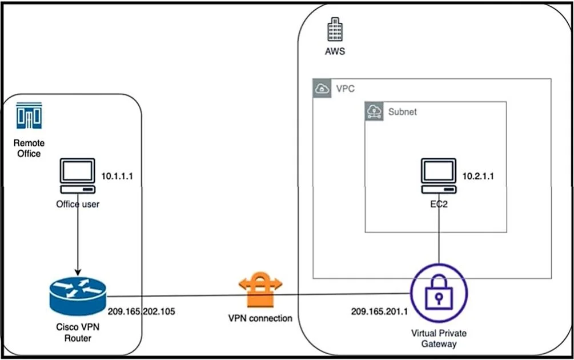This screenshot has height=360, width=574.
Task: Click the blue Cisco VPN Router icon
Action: pyautogui.click(x=78, y=296)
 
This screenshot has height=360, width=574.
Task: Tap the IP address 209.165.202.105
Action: pyautogui.click(x=141, y=311)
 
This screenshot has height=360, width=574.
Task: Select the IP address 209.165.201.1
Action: pyautogui.click(x=379, y=311)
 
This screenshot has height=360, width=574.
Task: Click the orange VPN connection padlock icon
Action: pyautogui.click(x=260, y=289)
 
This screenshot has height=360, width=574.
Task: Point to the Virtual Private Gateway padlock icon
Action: pyautogui.click(x=439, y=293)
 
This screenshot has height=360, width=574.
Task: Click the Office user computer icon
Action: pyautogui.click(x=78, y=176)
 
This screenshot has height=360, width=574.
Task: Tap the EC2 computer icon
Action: pyautogui.click(x=439, y=176)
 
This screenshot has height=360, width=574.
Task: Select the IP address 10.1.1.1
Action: pyautogui.click(x=117, y=176)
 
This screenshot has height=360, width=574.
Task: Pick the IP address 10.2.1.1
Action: pyautogui.click(x=478, y=176)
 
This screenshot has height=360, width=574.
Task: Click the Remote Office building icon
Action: pyautogui.click(x=29, y=116)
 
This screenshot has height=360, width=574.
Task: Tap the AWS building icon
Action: pyautogui.click(x=335, y=29)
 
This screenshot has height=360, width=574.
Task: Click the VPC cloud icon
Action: pyautogui.click(x=322, y=88)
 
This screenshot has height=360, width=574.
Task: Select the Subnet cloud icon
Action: pyautogui.click(x=374, y=111)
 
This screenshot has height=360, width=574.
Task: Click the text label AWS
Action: pyautogui.click(x=335, y=51)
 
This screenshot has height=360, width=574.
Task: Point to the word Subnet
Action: pyautogui.click(x=402, y=111)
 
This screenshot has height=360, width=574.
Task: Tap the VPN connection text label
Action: pyautogui.click(x=260, y=318)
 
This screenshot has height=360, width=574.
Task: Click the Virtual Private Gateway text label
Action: pyautogui.click(x=439, y=338)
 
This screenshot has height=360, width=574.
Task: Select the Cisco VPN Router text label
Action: pyautogui.click(x=78, y=332)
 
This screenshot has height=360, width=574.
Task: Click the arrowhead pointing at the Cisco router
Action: pyautogui.click(x=78, y=273)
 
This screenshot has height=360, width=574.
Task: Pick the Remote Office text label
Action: pyautogui.click(x=29, y=148)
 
